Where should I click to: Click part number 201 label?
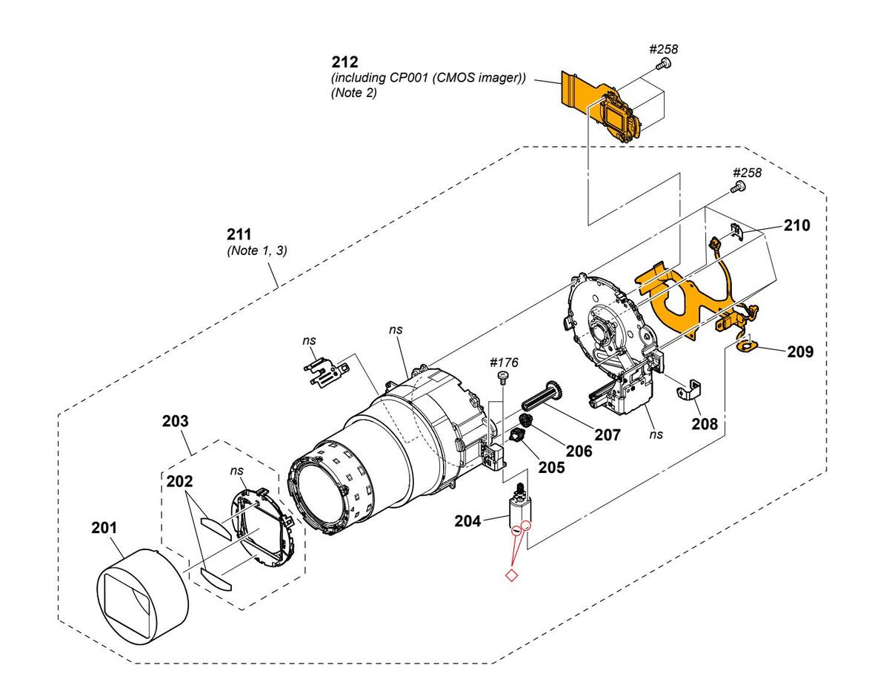(x=104, y=528)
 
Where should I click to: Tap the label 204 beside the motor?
(x=467, y=521)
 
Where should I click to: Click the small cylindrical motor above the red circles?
(x=519, y=509)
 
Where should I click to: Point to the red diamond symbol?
(x=512, y=575)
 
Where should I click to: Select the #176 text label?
(x=504, y=363)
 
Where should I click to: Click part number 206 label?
(x=579, y=451)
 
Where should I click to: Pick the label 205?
(x=551, y=467)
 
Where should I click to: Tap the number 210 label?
(x=797, y=225)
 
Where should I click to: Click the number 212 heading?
(x=345, y=62)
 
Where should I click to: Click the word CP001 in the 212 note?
(x=409, y=78)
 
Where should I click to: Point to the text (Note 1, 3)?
(x=257, y=250)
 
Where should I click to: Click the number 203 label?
(x=176, y=421)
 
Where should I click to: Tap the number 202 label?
(x=179, y=481)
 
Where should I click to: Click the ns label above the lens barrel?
(x=396, y=329)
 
